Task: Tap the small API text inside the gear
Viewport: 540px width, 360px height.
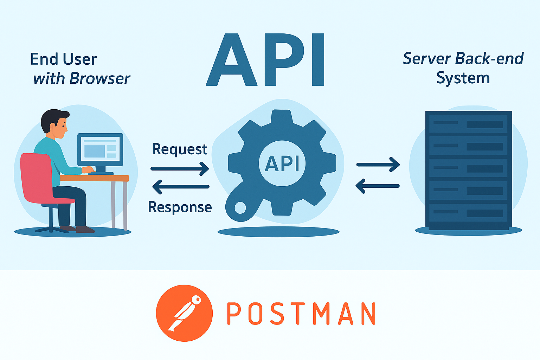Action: [x=282, y=164]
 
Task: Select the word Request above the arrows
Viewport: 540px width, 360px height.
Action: [x=179, y=149]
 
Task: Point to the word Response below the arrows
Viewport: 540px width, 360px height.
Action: [x=180, y=207]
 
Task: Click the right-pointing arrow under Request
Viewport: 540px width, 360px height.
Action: [x=180, y=169]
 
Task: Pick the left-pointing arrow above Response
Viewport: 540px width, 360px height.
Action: [x=181, y=187]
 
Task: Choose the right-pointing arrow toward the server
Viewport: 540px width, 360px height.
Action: [x=378, y=165]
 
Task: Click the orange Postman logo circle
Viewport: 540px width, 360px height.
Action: [x=184, y=313]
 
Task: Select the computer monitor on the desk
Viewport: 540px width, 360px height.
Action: [x=100, y=149]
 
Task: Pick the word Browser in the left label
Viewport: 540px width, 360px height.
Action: [x=100, y=78]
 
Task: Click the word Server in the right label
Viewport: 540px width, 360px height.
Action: [x=426, y=58]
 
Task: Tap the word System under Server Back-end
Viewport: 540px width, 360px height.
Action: [x=463, y=78]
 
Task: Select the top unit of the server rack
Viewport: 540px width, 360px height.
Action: [x=468, y=124]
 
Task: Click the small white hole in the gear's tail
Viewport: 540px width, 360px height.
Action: [x=240, y=207]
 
